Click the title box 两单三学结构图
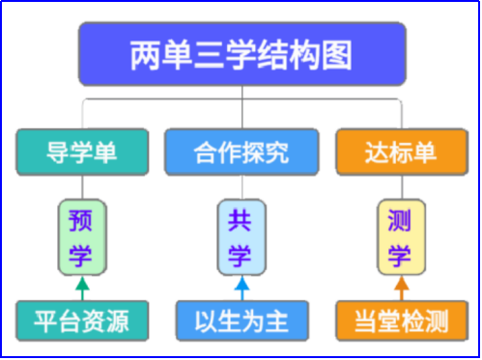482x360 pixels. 241,55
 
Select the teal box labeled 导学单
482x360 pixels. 82,152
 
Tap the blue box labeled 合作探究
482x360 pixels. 241,152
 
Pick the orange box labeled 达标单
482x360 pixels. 400,152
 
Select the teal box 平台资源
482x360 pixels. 82,318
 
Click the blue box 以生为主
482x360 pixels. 241,318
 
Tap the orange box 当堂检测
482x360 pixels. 401,318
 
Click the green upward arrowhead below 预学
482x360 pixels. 81,283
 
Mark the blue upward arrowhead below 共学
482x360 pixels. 241,283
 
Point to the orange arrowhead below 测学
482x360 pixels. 401,283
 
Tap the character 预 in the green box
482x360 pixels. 81,219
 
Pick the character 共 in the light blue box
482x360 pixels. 241,219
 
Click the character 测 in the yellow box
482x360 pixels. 401,219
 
